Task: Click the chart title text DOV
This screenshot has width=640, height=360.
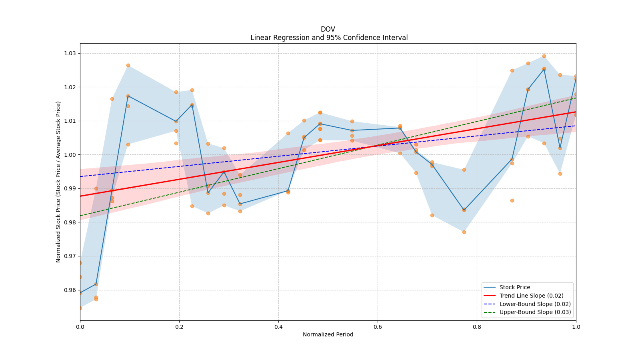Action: coord(328,29)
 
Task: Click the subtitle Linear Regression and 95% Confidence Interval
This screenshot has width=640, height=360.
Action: coord(329,38)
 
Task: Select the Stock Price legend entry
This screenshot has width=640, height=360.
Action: coord(514,287)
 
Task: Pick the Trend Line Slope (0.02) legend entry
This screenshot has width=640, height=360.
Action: coord(531,296)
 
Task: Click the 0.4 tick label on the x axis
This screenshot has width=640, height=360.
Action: coord(278,327)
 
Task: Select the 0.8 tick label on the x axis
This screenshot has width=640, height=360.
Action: coord(477,327)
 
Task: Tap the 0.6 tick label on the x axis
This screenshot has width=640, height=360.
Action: coord(378,327)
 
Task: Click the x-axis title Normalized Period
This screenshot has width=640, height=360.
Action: coord(328,334)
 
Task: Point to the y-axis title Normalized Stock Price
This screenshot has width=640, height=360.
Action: coord(58,182)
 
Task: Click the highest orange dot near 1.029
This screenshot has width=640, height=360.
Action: coord(544,56)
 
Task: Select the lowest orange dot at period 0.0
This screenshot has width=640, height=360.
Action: coord(80,308)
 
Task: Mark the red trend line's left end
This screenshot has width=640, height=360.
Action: coord(80,196)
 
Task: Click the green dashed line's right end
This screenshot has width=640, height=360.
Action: coord(576,98)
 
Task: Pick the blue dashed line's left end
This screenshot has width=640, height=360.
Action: coord(80,176)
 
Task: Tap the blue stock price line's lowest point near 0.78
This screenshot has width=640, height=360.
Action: coord(464,210)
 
